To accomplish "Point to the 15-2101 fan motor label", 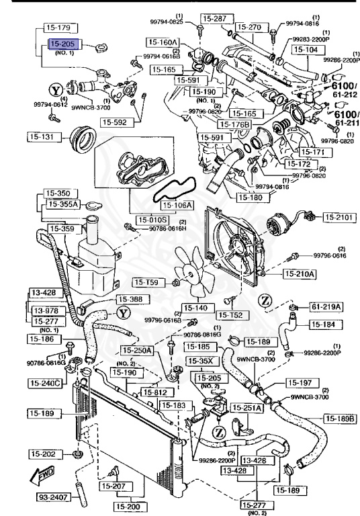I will pyautogui.click(x=341, y=217).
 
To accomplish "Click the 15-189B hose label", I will pyautogui.click(x=341, y=419).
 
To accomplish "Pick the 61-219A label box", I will pyautogui.click(x=326, y=306).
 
